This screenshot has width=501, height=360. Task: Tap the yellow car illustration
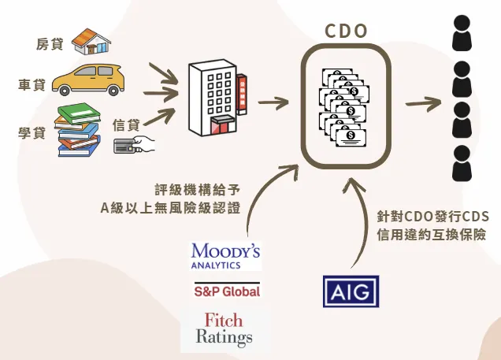coord(90,80)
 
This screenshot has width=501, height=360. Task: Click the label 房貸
coord(50,43)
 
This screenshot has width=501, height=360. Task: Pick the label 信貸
coord(126,124)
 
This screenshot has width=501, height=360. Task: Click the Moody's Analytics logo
coord(225,255)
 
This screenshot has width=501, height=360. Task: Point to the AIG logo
coord(351,291)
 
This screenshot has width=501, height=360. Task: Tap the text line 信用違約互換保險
coord(431,234)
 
